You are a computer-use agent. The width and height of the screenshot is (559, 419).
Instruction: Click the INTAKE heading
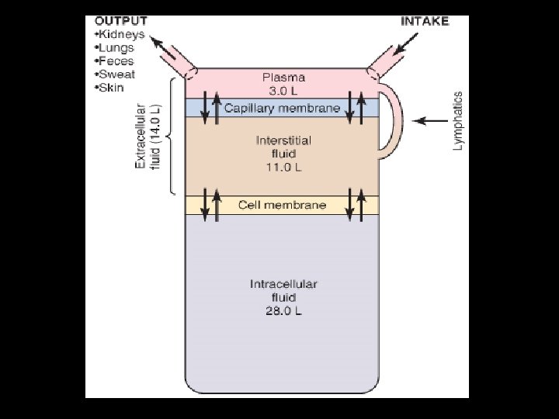(425, 21)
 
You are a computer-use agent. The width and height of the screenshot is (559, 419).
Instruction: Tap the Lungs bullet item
(113, 48)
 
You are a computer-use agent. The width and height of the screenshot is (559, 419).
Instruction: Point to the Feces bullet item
(113, 61)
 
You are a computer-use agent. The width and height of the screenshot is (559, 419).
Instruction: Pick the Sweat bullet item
(114, 74)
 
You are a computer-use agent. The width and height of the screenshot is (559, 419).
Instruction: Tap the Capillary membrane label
(282, 109)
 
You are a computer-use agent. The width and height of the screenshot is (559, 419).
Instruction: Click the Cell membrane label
(282, 205)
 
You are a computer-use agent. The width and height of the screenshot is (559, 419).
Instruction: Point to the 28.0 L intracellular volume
(283, 311)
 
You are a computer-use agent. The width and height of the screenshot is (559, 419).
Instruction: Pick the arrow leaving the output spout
(164, 45)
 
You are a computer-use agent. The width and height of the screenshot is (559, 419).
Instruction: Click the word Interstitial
(283, 140)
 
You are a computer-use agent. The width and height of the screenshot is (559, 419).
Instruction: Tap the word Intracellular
(283, 284)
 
